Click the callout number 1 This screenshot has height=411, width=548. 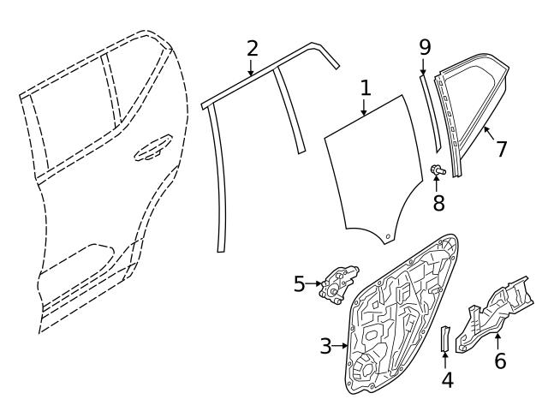coord(365,87)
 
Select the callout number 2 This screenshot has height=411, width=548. coord(252,48)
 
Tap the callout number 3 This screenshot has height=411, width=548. coord(325,346)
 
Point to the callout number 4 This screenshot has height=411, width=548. coord(447,379)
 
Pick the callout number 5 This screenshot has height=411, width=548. coord(299,283)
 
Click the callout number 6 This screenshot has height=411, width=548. coord(500,360)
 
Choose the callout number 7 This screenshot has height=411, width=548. coord(502,148)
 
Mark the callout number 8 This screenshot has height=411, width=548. coord(438,203)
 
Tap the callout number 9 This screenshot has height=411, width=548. coord(424,46)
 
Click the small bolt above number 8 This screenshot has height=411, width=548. coord(438,171)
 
